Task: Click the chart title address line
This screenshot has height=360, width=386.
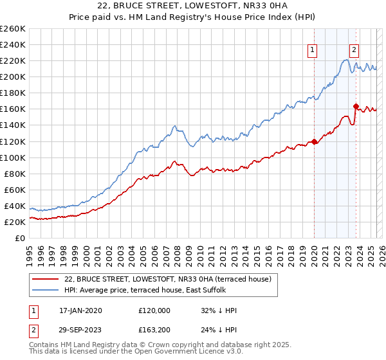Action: (192, 6)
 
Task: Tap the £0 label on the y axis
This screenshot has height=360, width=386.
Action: (21, 238)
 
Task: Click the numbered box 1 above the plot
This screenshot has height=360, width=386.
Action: (313, 50)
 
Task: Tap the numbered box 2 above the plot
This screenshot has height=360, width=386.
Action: (354, 50)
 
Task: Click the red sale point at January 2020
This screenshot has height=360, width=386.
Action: (314, 141)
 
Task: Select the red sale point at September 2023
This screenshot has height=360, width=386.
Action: (356, 106)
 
